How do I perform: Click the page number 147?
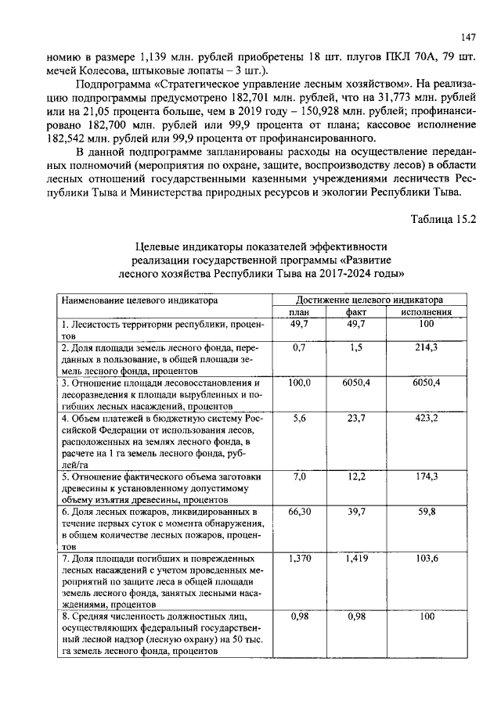point(468,37)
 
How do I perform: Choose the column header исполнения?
point(426,312)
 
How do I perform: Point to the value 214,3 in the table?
point(426,347)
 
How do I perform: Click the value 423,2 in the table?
point(426,419)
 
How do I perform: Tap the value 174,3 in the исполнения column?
point(426,476)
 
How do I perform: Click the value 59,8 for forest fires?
point(426,512)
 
